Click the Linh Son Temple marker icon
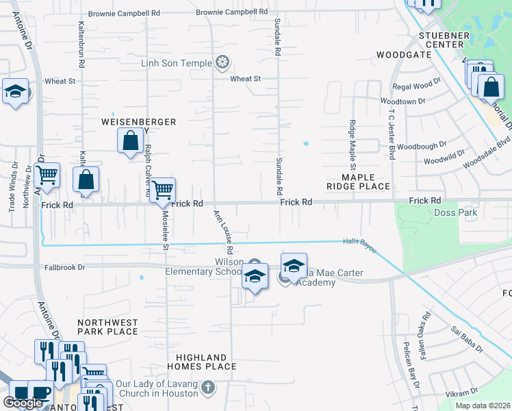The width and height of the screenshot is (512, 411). [222, 64]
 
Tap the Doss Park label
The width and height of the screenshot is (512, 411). [455, 213]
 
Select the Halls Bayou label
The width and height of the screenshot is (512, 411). [360, 245]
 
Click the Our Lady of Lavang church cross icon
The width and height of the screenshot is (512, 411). [209, 388]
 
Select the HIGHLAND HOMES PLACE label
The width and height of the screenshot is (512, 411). [201, 362]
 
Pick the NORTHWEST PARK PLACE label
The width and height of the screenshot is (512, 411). [107, 327]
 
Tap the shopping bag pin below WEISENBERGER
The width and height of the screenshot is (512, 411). [130, 141]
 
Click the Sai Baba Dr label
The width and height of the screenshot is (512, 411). [467, 339]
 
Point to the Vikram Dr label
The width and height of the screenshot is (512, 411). [461, 393]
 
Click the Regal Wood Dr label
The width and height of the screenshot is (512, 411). [416, 86]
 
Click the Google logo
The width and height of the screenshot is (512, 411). [24, 403]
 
